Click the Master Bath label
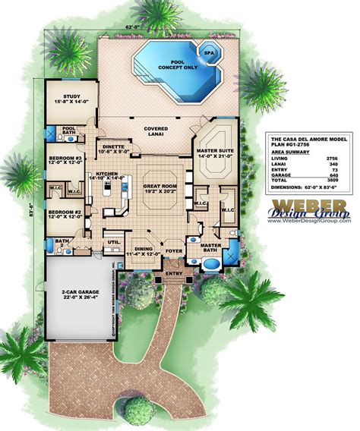(x=210, y=248)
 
